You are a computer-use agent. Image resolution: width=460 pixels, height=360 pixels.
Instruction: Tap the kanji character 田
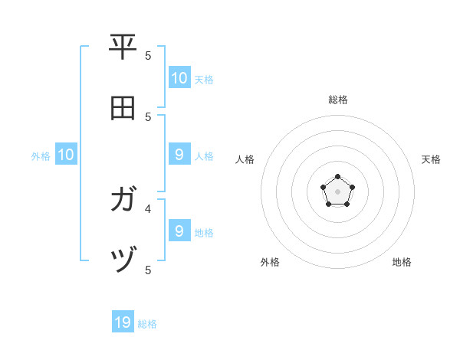(123, 108)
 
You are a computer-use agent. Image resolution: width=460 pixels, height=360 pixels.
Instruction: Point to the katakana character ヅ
(123, 261)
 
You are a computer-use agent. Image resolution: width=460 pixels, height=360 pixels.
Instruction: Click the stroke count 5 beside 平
(148, 55)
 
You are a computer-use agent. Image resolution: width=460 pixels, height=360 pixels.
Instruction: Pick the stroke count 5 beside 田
(148, 117)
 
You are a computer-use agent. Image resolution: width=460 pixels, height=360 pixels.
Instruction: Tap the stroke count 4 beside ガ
(148, 208)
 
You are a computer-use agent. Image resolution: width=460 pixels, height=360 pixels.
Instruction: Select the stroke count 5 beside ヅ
(148, 270)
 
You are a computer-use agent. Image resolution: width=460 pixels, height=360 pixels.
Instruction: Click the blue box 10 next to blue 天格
(179, 77)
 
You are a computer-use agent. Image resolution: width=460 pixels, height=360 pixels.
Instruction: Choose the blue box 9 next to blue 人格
(179, 154)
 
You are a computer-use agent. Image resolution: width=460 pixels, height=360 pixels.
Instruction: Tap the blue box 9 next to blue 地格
(179, 230)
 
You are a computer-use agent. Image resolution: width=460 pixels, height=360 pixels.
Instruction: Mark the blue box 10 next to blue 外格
(66, 155)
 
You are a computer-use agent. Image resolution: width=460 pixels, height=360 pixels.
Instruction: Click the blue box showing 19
(123, 322)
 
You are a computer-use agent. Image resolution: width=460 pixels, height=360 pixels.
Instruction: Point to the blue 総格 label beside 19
(147, 324)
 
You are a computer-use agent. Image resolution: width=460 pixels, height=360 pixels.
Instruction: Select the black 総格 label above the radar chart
(338, 100)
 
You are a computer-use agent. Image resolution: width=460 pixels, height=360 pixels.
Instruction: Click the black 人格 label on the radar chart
(245, 159)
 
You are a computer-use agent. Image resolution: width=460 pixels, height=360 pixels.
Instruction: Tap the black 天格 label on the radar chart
(431, 159)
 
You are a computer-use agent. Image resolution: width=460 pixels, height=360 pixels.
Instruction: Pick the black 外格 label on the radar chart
(270, 262)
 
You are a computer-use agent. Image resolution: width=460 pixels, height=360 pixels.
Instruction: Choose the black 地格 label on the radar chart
(402, 262)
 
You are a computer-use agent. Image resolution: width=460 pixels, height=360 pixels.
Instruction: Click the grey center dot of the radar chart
(337, 191)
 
